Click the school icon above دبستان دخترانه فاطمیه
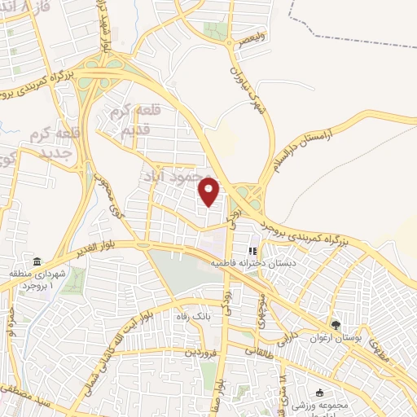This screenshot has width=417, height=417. (252, 251)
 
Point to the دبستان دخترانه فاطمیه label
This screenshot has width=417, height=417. (253, 264)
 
